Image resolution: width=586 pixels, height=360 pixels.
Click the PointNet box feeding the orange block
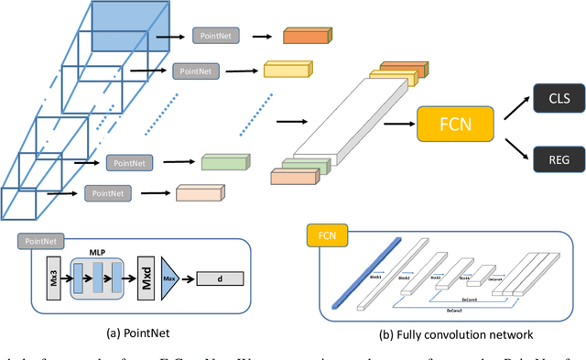point(217,36)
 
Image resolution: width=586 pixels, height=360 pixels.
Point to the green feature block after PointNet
point(225,161)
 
